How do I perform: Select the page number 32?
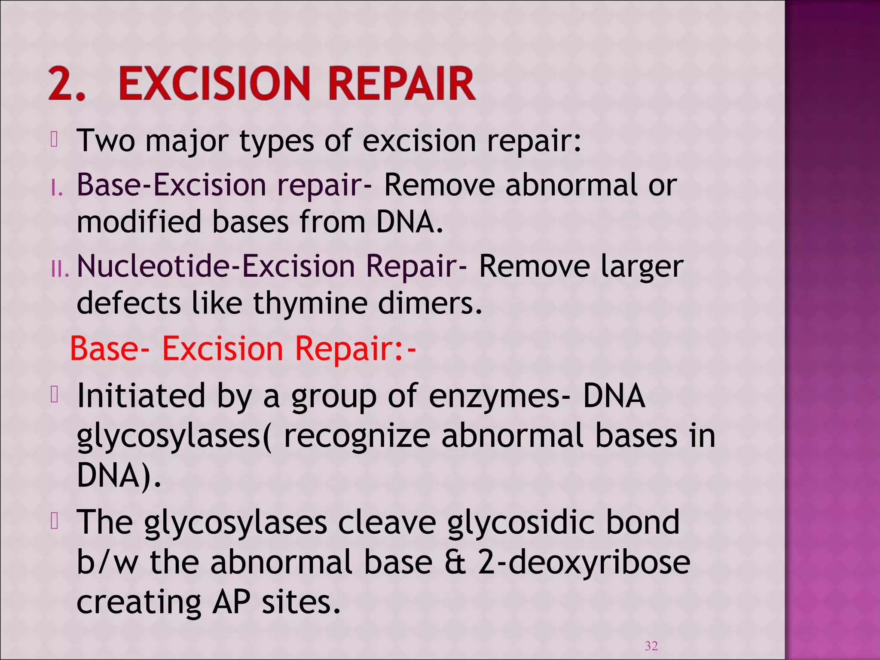[x=651, y=645]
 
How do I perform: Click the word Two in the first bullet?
[x=105, y=141]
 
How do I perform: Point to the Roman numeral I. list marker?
[x=57, y=188]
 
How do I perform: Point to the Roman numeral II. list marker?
[x=59, y=269]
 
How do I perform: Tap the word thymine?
[x=310, y=303]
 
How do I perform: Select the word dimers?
[x=430, y=303]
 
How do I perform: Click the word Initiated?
[x=141, y=396]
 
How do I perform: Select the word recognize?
[x=357, y=437]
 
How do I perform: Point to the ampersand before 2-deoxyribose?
[x=455, y=563]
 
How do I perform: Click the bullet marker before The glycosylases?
[x=54, y=521]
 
